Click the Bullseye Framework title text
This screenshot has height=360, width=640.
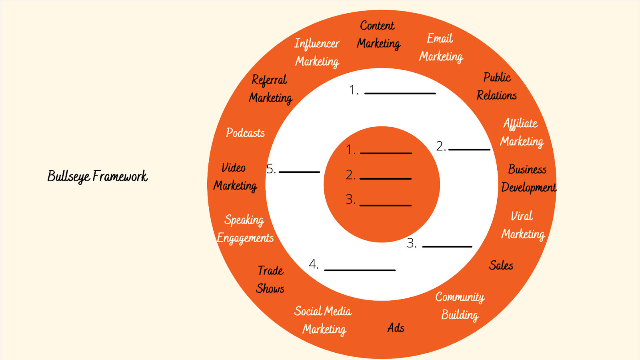click(98, 176)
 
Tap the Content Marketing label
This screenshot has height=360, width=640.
click(378, 35)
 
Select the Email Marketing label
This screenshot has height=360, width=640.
click(440, 48)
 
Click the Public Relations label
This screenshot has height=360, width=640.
click(497, 86)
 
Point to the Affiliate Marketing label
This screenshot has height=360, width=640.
click(522, 132)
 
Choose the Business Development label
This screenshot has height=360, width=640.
click(528, 178)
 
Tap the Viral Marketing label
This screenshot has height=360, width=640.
click(523, 225)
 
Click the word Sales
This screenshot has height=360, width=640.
click(501, 265)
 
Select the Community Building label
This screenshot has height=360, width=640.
click(460, 306)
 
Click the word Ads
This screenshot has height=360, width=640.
click(396, 328)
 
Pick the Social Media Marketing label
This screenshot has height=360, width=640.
click(323, 320)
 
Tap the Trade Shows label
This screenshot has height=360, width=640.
click(270, 280)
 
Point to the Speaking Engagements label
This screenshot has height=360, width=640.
click(245, 229)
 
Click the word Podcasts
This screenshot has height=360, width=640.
click(245, 133)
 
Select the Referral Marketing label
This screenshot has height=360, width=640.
click(270, 89)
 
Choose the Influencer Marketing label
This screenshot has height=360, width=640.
click(317, 52)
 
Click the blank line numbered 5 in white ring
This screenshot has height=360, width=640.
click(299, 172)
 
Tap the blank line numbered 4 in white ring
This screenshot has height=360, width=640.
click(360, 270)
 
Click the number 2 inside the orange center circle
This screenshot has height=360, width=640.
click(350, 175)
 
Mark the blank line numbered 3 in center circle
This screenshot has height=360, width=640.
click(386, 205)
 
